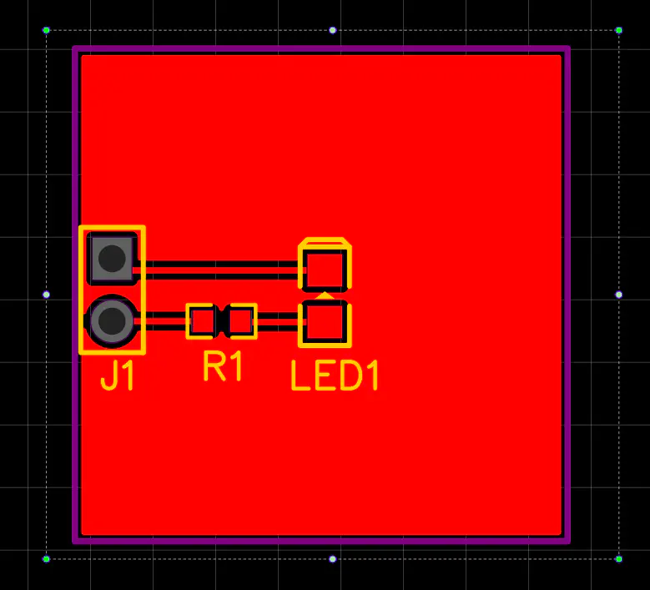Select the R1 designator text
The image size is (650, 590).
click(223, 366)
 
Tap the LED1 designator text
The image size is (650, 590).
click(335, 376)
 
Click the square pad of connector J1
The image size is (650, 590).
click(112, 259)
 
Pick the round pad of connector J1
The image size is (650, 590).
click(112, 320)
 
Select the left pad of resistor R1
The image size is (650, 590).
click(201, 320)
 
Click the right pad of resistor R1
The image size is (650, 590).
click(241, 320)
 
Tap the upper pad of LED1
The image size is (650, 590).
click(325, 268)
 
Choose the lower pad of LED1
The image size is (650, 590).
click(325, 323)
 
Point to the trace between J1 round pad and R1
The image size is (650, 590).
click(163, 315)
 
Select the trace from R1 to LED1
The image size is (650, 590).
click(278, 315)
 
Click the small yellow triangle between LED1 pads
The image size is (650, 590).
click(325, 295)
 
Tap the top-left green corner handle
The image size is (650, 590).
click(47, 30)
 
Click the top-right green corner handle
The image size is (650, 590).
click(618, 30)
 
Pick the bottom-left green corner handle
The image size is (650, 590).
click(47, 558)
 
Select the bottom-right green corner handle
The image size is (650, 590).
click(618, 558)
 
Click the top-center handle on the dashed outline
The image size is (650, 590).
click(333, 30)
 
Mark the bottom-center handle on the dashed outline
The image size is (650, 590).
click(333, 558)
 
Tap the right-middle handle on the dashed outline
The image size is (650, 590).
click(618, 295)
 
